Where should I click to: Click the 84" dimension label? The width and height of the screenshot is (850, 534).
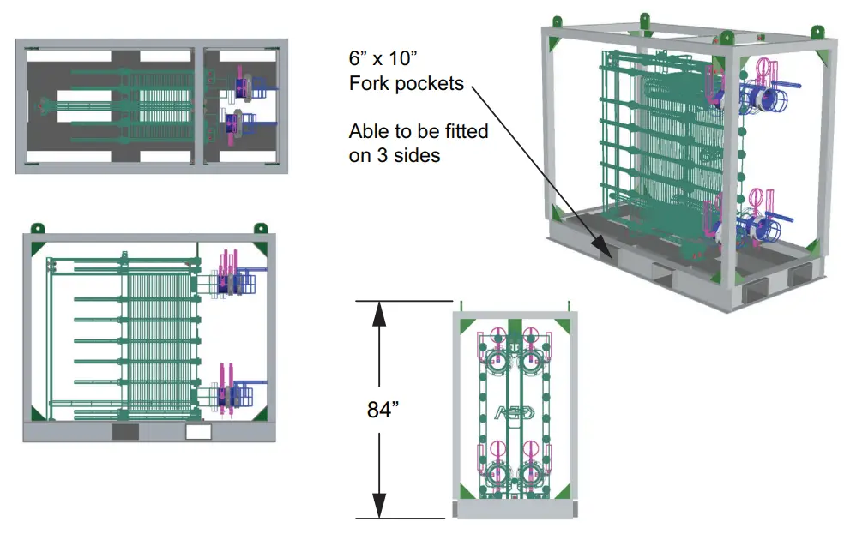coord(383,410)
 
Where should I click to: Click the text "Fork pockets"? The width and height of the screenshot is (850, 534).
coord(407,83)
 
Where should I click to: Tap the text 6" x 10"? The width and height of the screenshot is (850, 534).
coord(383,58)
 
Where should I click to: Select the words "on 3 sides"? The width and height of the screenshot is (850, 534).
coord(394,155)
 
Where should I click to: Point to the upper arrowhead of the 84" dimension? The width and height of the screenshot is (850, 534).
coord(379,314)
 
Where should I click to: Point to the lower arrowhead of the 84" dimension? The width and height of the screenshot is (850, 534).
coord(379,506)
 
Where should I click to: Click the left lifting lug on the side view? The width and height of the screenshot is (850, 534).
coord(37,228)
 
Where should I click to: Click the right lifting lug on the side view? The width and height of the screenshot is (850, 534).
coord(260,228)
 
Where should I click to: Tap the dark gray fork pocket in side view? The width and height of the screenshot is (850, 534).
coord(125,432)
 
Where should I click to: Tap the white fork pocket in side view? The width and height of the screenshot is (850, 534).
coord(198,432)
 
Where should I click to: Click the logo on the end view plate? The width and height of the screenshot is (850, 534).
coord(514,413)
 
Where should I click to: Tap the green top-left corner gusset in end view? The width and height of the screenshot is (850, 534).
coord(467,327)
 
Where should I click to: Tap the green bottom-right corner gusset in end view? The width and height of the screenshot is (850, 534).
coord(562,492)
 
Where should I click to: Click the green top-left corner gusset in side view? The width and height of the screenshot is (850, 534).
coord(38,249)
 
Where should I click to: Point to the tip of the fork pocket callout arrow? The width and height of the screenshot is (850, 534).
coord(611,256)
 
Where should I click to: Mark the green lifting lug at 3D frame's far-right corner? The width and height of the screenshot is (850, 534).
coord(817,32)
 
